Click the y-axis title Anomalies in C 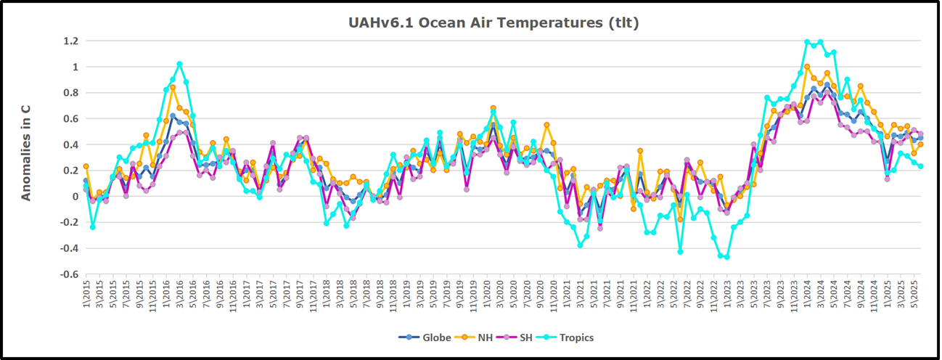pyautogui.click(x=25, y=152)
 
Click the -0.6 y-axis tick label pyautogui.click(x=67, y=274)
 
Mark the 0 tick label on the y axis pyautogui.click(x=74, y=197)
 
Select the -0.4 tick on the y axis pyautogui.click(x=67, y=248)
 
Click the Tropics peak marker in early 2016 pyautogui.click(x=179, y=64)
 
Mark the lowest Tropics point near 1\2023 pyautogui.click(x=727, y=257)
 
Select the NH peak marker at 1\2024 pyautogui.click(x=807, y=67)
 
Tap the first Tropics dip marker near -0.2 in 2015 pyautogui.click(x=93, y=227)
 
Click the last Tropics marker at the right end pyautogui.click(x=921, y=166)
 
